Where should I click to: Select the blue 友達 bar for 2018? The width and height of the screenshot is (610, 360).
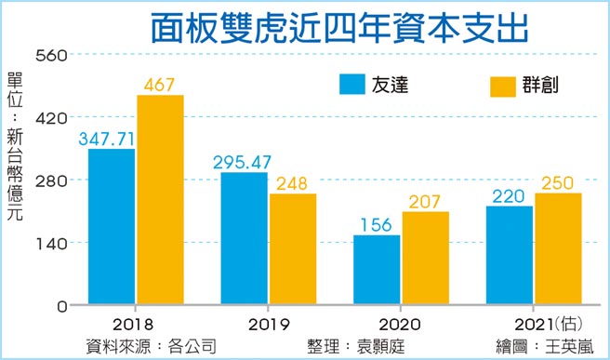click(112, 227)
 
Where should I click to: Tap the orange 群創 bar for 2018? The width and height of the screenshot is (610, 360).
click(160, 200)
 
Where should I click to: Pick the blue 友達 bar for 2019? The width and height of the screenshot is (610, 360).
click(244, 239)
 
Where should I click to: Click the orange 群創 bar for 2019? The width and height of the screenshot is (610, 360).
click(292, 249)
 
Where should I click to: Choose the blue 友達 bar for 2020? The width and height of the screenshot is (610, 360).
click(377, 270)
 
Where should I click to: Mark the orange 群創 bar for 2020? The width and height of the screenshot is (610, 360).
click(425, 259)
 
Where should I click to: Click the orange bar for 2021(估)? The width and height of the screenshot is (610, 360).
click(558, 249)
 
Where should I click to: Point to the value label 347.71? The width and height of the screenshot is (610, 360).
click(111, 138)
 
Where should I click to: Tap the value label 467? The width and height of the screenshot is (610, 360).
click(160, 85)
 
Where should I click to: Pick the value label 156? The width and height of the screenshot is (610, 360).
click(377, 224)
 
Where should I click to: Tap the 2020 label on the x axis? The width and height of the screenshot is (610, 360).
click(401, 326)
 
